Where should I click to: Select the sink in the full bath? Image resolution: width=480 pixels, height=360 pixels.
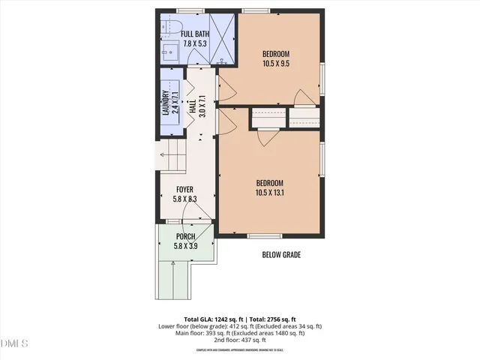169,52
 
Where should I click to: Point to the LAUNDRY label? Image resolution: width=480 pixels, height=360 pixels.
167,102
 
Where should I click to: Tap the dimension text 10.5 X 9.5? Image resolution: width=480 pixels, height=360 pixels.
275,64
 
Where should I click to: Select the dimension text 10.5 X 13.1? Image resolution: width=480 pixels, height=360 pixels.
269,192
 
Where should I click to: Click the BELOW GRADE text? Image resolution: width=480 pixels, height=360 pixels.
281,255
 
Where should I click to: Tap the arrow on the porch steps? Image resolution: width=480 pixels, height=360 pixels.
173,264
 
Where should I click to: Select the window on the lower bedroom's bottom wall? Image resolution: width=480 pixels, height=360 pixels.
259,236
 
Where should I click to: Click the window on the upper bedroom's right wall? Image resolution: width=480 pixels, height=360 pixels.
322,79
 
